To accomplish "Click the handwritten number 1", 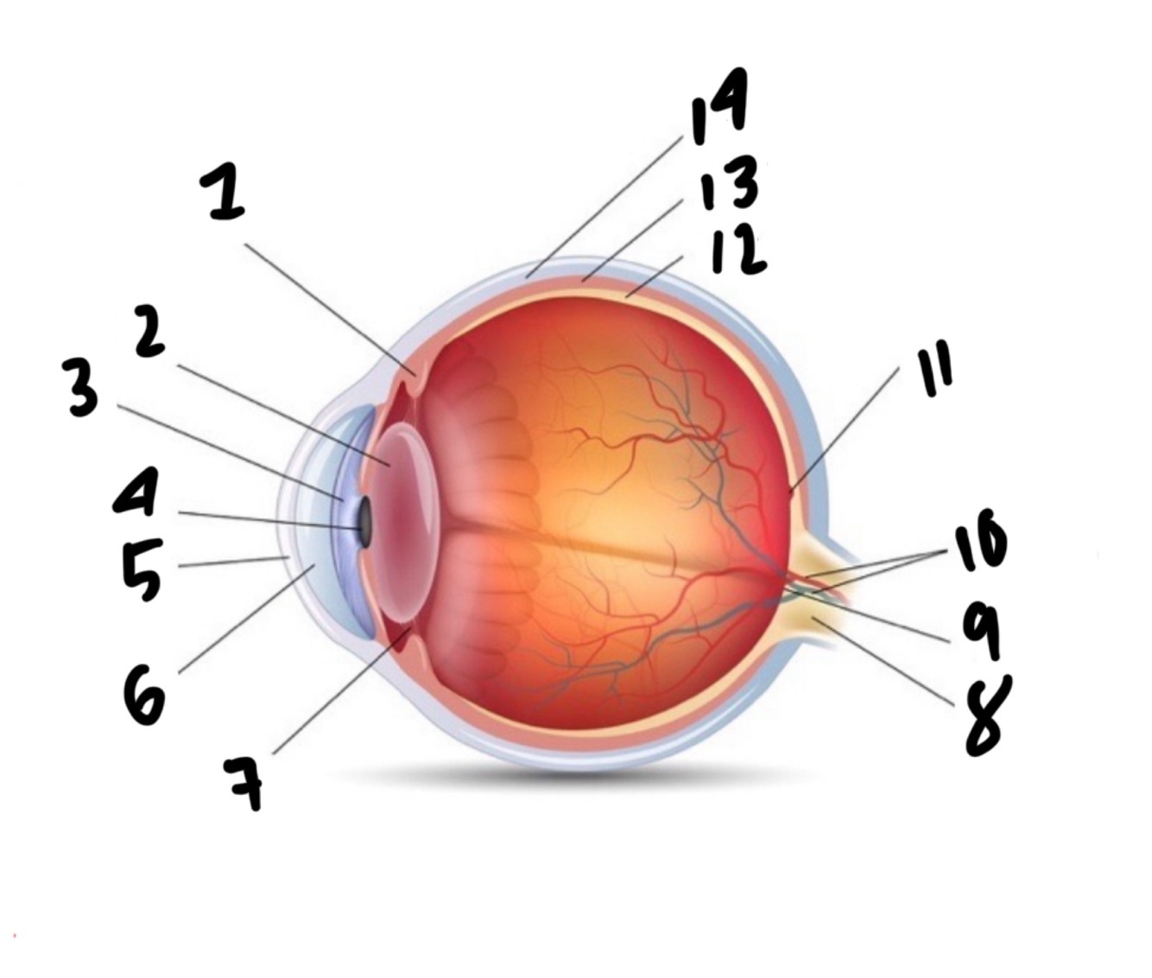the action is tap(223, 194).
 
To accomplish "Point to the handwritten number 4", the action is tap(136, 493).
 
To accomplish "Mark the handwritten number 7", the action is tap(245, 783).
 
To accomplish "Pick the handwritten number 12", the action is tap(737, 251).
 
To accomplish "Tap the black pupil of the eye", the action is tap(364, 521).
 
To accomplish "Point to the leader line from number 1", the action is tap(328, 308).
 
